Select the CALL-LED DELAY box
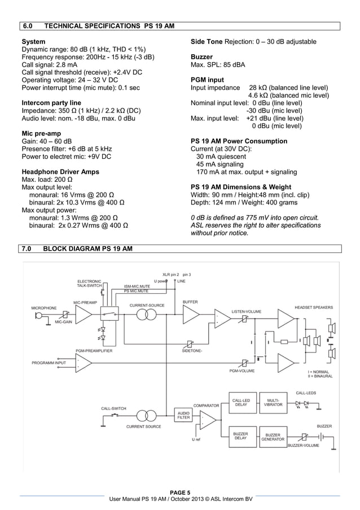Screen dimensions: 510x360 pos(242,403)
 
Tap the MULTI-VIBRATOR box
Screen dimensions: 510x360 pos(273,403)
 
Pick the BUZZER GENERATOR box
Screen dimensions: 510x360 pos(273,437)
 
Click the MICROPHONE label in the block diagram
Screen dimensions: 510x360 pos(43,308)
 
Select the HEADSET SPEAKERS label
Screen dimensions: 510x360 pos(314,307)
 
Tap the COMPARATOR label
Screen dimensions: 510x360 pos(206,406)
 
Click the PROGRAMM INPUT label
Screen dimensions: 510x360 pos(49,363)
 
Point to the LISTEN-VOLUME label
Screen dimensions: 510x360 pos(247,311)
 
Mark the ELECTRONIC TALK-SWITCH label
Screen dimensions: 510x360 pos(90,284)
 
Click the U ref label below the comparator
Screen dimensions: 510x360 pos(196,439)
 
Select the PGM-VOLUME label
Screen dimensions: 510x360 pos(242,370)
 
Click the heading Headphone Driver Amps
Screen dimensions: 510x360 pos(60,172)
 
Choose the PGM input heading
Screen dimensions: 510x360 pos(207,80)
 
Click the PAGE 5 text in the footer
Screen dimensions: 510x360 pos(180,491)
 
